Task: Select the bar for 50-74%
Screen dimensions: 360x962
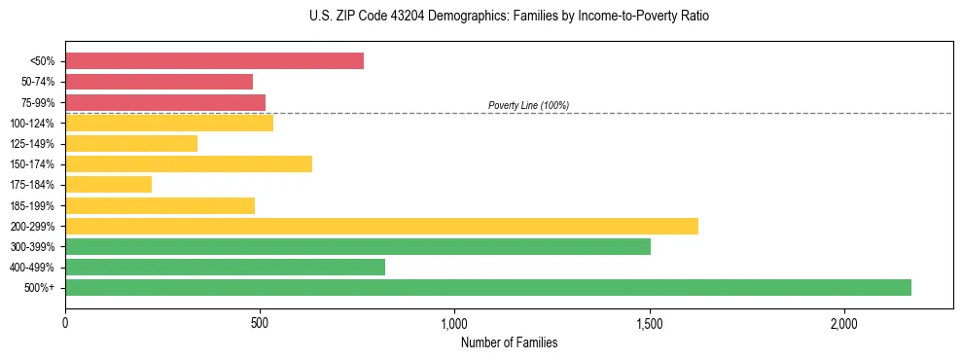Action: (x=159, y=82)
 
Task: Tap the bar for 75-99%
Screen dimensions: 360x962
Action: (x=165, y=102)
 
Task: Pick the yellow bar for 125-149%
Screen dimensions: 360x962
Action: (x=131, y=143)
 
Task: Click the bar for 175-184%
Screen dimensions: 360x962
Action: (x=108, y=184)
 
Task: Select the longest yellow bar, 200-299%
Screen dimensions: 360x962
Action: (x=381, y=226)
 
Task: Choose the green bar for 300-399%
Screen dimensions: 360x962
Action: (x=358, y=246)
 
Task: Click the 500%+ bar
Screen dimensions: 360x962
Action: (x=488, y=287)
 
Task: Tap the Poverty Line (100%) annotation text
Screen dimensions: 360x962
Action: (x=528, y=105)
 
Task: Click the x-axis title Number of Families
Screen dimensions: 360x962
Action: (x=509, y=342)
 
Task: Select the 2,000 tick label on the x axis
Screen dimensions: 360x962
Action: (x=844, y=323)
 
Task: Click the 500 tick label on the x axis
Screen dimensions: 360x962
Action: (x=260, y=323)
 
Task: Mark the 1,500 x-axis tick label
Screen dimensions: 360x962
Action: (x=650, y=323)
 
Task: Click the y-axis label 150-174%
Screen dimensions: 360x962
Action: (x=32, y=164)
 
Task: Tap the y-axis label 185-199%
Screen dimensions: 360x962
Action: (x=32, y=205)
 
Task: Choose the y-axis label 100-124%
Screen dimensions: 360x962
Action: (x=32, y=124)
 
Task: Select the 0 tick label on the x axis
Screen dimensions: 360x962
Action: (x=65, y=323)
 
